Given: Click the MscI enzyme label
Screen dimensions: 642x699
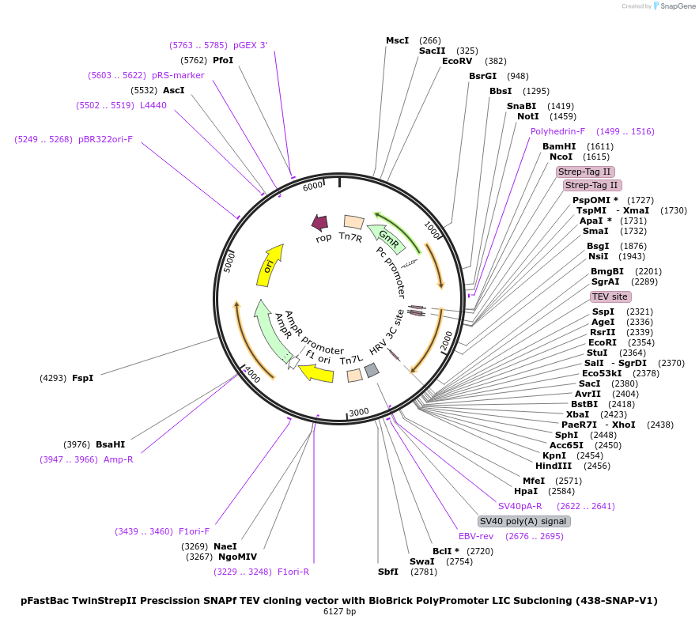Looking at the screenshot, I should (397, 40).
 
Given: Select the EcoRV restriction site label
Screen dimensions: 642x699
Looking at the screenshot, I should (457, 61).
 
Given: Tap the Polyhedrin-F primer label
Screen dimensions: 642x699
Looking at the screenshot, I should (557, 131).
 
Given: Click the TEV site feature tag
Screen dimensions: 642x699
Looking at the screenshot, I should (610, 296).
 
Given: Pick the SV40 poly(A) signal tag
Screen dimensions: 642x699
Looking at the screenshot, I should (523, 521).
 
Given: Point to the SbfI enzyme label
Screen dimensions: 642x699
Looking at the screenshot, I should (387, 572).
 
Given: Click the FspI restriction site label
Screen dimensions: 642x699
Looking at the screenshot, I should (82, 378).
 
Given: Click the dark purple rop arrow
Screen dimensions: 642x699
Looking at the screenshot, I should (320, 223).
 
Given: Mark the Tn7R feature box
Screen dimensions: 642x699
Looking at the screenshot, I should (353, 223).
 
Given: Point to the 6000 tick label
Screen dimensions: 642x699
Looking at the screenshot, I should (313, 186).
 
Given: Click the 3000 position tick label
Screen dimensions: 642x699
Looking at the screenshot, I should (359, 412).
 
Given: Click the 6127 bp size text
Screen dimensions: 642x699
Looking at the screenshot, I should (339, 612).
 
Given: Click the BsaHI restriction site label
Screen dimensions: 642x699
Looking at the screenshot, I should (110, 444).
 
